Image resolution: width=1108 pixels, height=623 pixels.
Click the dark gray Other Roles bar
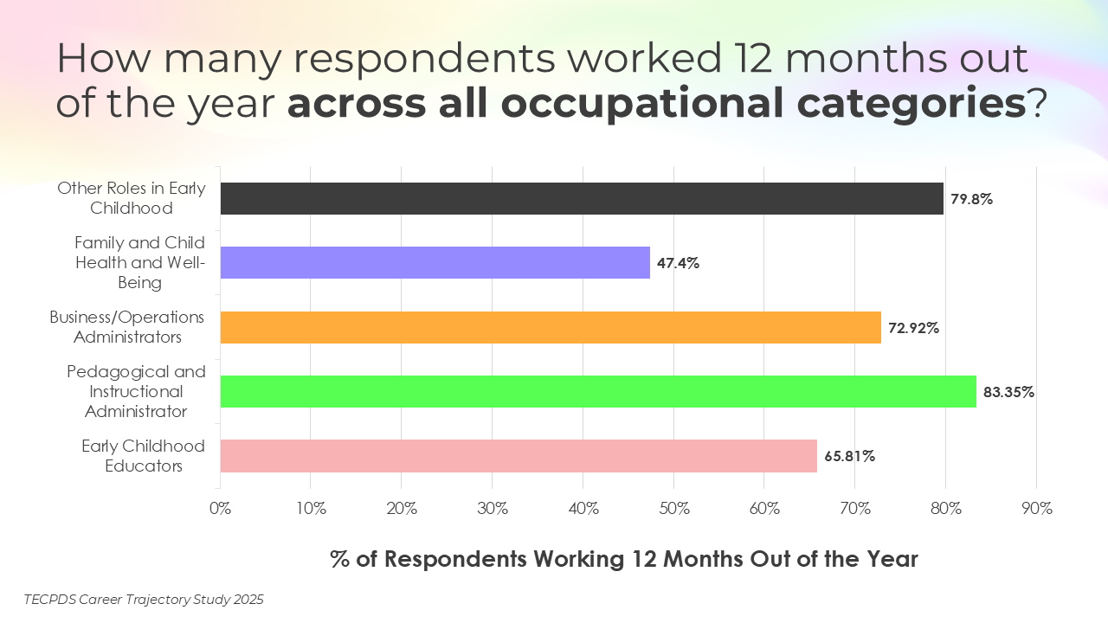coord(582,198)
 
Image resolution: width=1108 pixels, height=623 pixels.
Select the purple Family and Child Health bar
coord(435,262)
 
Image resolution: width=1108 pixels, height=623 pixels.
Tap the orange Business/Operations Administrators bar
coord(551,327)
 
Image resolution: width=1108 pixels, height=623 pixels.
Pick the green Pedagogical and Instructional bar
coord(598,391)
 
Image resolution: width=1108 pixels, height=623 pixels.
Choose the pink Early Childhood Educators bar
coord(519,455)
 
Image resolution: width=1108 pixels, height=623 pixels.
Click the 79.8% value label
coord(971,199)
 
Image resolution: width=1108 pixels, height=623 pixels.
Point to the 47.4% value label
coord(678,263)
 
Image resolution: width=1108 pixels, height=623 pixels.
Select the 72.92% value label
coord(913,328)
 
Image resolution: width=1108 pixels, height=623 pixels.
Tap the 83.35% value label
coord(1008,392)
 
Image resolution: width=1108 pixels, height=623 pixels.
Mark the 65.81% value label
coord(849,456)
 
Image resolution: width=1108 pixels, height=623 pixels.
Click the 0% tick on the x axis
coord(221,509)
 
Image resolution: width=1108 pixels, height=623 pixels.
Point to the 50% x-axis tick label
coord(673,509)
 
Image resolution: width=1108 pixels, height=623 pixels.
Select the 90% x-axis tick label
coord(1036,509)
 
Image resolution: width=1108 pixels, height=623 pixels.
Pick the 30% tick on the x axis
coord(493,509)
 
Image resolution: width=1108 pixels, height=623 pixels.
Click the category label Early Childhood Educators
coord(144,456)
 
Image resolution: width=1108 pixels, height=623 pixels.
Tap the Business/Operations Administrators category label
coord(127,327)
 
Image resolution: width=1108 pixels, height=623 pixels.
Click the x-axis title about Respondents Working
coord(623,559)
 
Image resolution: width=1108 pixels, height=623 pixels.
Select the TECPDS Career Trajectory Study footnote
coord(144,599)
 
